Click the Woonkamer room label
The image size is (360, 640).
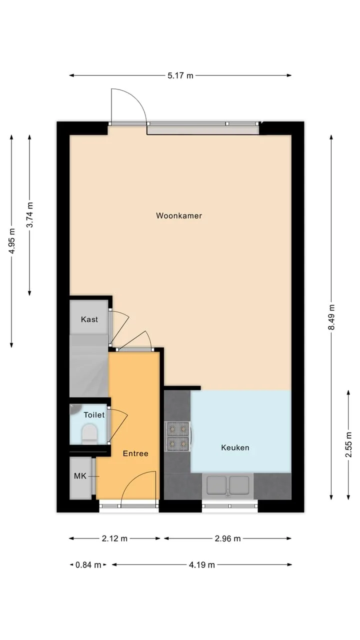179,215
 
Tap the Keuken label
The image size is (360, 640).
235,447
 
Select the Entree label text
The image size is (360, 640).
135,453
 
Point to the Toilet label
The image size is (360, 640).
94,415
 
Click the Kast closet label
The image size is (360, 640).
89,319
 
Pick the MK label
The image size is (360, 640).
80,476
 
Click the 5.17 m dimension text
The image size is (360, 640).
180,75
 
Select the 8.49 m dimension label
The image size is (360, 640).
331,317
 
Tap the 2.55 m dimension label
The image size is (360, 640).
348,444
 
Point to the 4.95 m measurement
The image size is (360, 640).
11,241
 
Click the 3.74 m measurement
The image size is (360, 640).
29,214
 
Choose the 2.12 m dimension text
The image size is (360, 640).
114,538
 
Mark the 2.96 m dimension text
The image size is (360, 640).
227,538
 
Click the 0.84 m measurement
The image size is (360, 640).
88,565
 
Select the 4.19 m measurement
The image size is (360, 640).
201,565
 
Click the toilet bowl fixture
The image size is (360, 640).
89,433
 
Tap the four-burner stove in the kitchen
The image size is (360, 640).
177,436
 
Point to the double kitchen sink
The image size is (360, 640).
227,485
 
